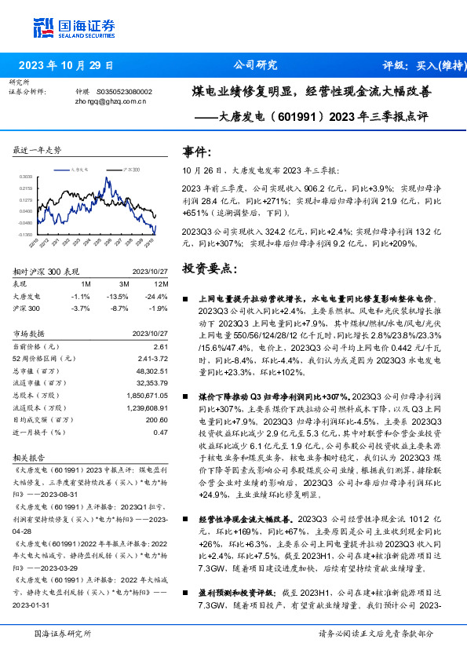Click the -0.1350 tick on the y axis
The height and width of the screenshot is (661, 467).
(26, 234)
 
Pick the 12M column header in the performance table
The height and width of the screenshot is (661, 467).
(160, 283)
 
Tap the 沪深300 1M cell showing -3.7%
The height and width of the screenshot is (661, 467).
(80, 308)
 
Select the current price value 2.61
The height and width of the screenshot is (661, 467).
(160, 345)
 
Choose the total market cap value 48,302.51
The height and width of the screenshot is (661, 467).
(150, 371)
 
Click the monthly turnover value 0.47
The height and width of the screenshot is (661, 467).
(160, 432)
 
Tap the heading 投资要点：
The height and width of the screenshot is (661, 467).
(209, 268)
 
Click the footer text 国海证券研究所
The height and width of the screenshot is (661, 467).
(64, 634)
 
